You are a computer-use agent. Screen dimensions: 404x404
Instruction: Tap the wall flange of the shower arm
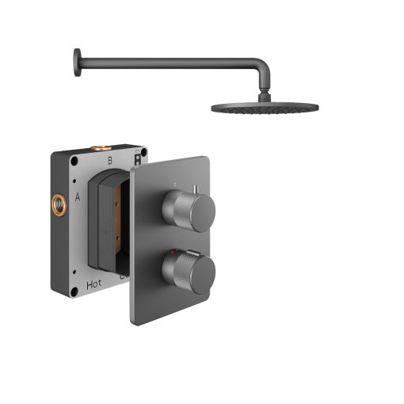(78, 62)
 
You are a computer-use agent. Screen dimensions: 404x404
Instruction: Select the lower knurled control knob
(190, 272)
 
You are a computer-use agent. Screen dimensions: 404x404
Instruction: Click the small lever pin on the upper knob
(195, 189)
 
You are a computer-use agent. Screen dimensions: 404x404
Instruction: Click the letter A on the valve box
(78, 197)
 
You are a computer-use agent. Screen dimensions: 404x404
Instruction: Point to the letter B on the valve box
(110, 160)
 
